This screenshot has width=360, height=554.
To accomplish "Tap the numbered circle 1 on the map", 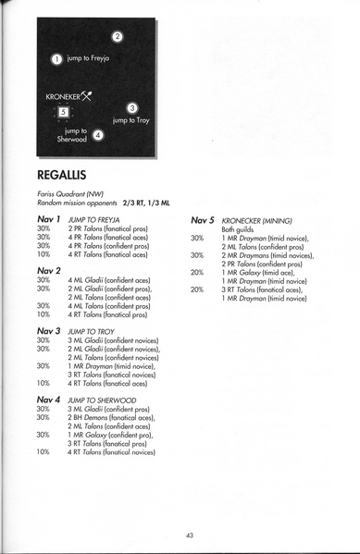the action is [56, 58].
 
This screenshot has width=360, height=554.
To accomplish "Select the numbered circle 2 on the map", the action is [118, 37].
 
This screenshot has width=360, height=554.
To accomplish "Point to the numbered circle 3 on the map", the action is [132, 107].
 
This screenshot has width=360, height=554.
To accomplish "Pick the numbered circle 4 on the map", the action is [99, 135].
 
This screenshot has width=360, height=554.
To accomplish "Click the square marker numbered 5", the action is [62, 112].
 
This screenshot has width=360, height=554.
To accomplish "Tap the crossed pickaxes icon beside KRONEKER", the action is [87, 93].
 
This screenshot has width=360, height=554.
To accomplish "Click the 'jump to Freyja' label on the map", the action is [89, 58].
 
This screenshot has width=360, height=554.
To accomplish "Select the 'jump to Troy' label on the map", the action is [131, 120].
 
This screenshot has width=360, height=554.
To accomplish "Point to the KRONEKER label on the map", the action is [61, 94].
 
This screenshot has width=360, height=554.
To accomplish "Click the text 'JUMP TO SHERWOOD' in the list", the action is [103, 400].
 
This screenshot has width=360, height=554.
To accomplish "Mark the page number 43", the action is [189, 535].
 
